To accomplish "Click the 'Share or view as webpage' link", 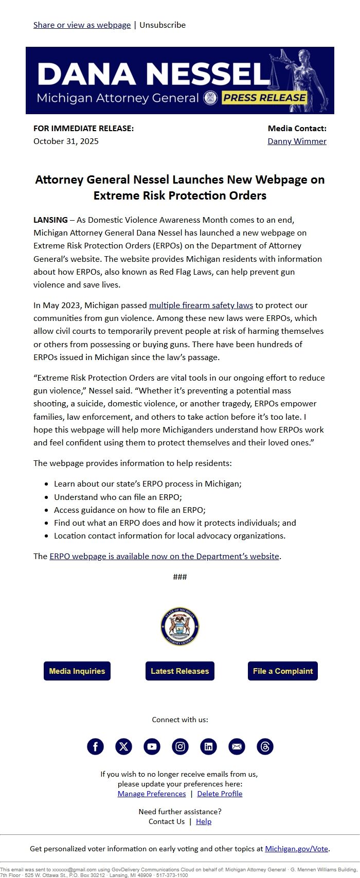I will tap(82, 25).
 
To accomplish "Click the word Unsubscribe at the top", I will tap(163, 25).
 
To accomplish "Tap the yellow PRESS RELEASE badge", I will tap(264, 98).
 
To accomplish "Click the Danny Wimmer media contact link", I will tap(297, 141).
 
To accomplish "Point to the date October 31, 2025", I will tap(66, 141).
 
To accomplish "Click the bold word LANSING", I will tap(50, 220).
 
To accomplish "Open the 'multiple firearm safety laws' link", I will tap(201, 305).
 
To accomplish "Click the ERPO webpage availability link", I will tap(164, 556).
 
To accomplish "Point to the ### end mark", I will tap(180, 577).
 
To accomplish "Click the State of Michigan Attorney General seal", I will tap(180, 626).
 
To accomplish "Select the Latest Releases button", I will tap(180, 671).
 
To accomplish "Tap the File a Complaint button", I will tap(283, 671).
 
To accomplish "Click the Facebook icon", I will tap(95, 746).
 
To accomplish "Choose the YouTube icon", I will tap(152, 746).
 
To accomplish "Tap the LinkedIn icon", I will tap(208, 746).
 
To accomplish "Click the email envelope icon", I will tap(237, 746).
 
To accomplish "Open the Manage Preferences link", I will tap(152, 794).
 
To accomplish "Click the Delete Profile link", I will tap(220, 794).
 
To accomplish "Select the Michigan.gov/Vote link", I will tap(296, 849).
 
